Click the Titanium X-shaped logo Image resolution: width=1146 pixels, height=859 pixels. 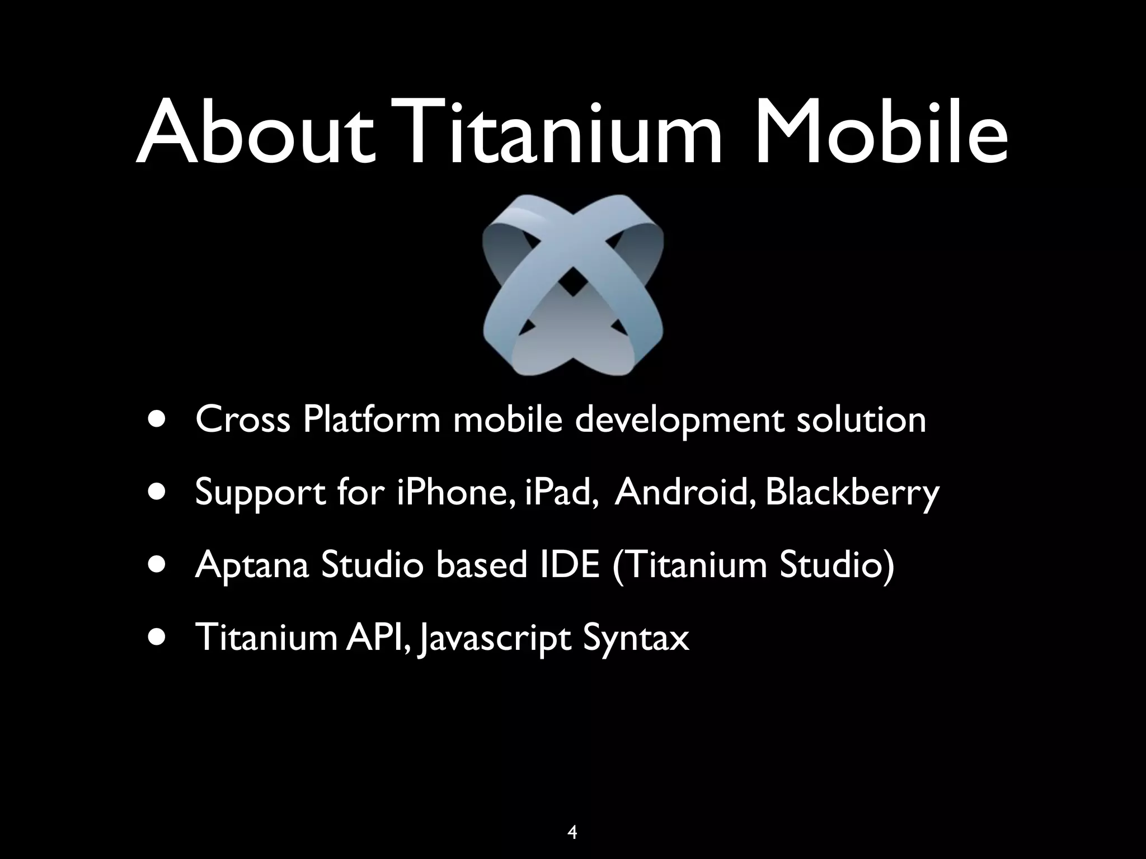(572, 285)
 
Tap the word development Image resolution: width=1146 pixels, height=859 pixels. (679, 421)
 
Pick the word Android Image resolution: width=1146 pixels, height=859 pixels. (684, 492)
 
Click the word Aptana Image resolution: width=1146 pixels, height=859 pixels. (252, 565)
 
